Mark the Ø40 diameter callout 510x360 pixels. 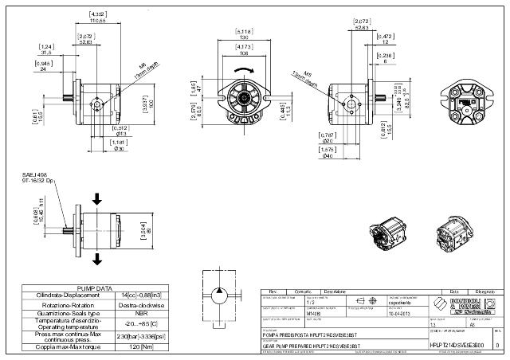point(327,156)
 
